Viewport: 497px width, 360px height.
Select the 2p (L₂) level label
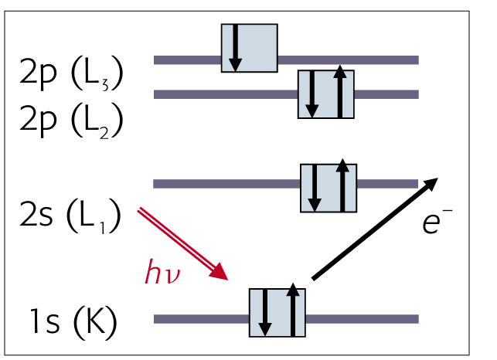(x=72, y=121)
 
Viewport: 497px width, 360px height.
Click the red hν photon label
(x=163, y=273)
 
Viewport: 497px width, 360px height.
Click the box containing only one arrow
(x=249, y=48)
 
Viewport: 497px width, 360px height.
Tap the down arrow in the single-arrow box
(x=235, y=48)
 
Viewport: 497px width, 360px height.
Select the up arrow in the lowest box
(x=292, y=311)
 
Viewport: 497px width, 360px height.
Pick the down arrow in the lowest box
(x=264, y=313)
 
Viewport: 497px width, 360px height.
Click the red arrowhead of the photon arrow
(x=222, y=273)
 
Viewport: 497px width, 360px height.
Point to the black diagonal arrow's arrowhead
(x=430, y=183)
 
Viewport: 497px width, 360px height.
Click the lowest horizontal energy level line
(x=193, y=318)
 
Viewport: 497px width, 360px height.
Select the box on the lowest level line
(x=277, y=312)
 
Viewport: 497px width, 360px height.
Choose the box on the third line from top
(x=328, y=187)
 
